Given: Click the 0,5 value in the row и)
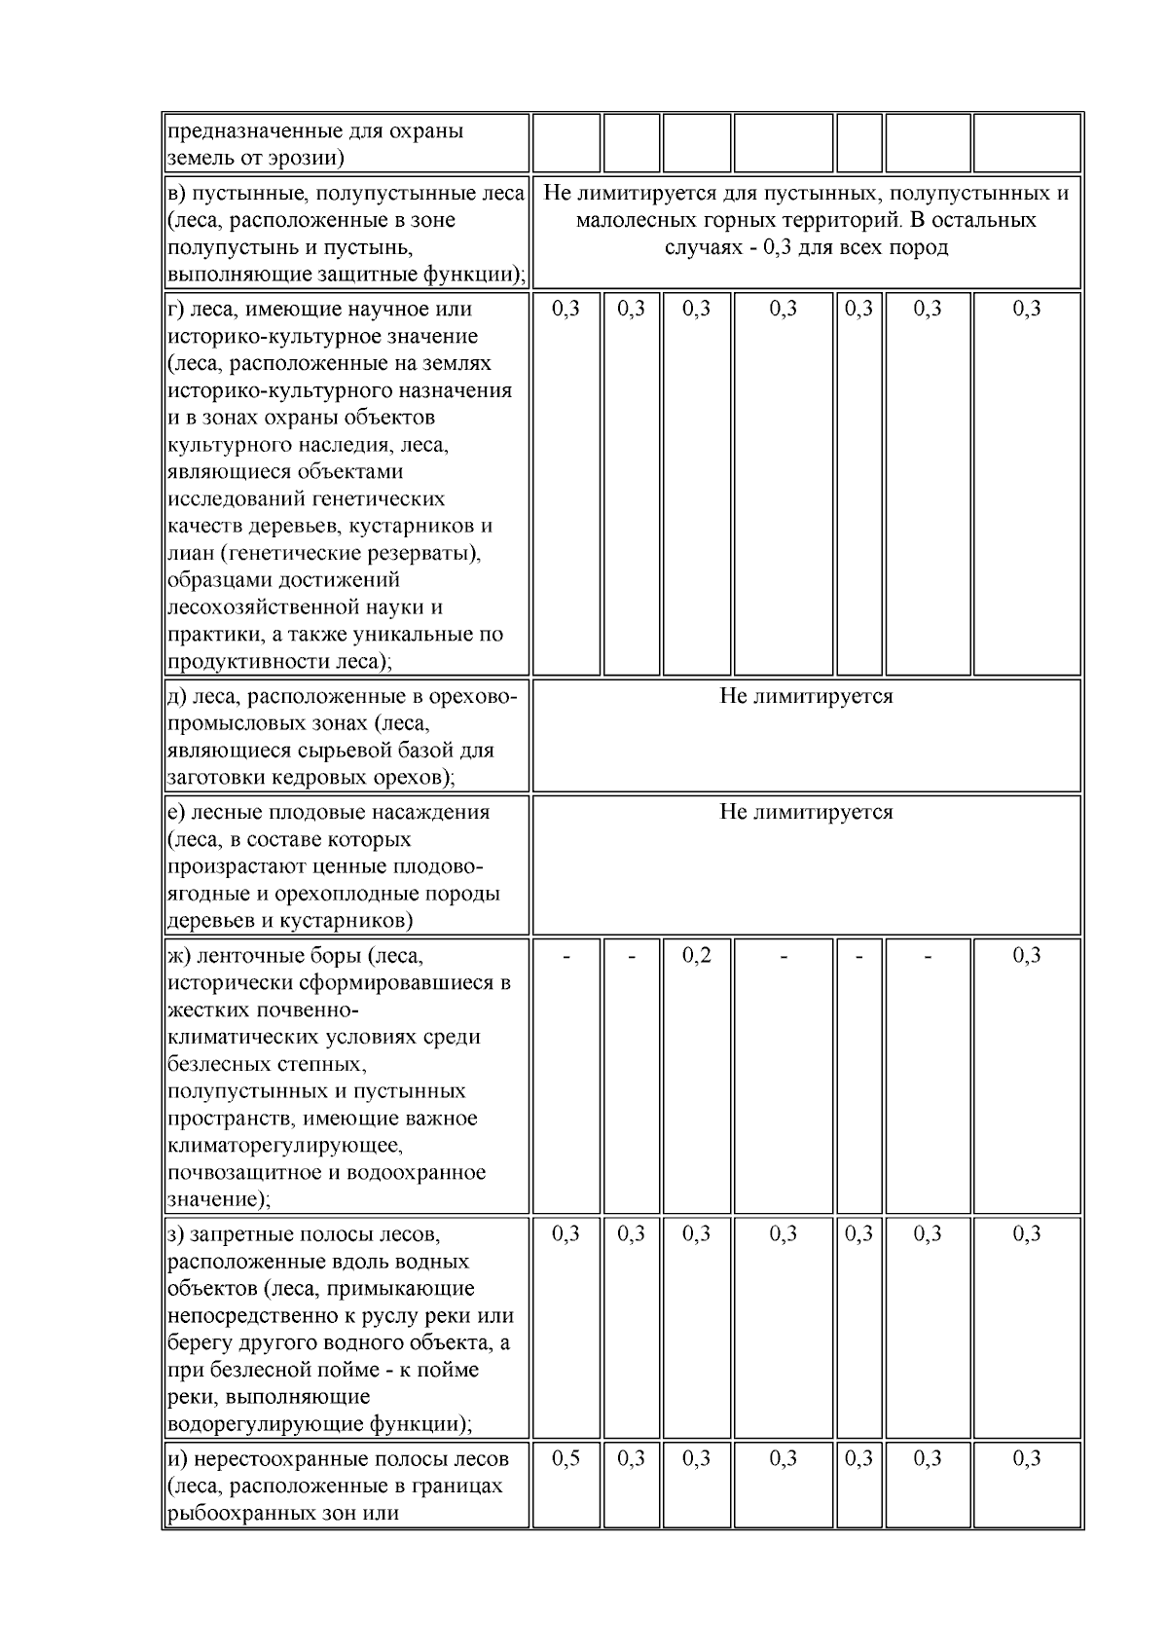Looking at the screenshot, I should pyautogui.click(x=566, y=1458).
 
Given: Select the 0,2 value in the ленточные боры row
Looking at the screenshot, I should pyautogui.click(x=696, y=955).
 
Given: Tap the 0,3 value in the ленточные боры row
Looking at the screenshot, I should pyautogui.click(x=1027, y=955).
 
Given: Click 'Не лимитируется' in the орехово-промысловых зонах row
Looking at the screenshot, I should pyautogui.click(x=806, y=696).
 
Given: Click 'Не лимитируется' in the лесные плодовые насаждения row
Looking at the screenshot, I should pyautogui.click(x=806, y=812).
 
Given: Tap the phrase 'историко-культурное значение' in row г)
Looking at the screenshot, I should pyautogui.click(x=322, y=336).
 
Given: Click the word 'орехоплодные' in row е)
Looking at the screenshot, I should pyautogui.click(x=378, y=894).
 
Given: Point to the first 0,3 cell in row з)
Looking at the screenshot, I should pyautogui.click(x=566, y=1234).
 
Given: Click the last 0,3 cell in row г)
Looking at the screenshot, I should pyautogui.click(x=1027, y=309).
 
